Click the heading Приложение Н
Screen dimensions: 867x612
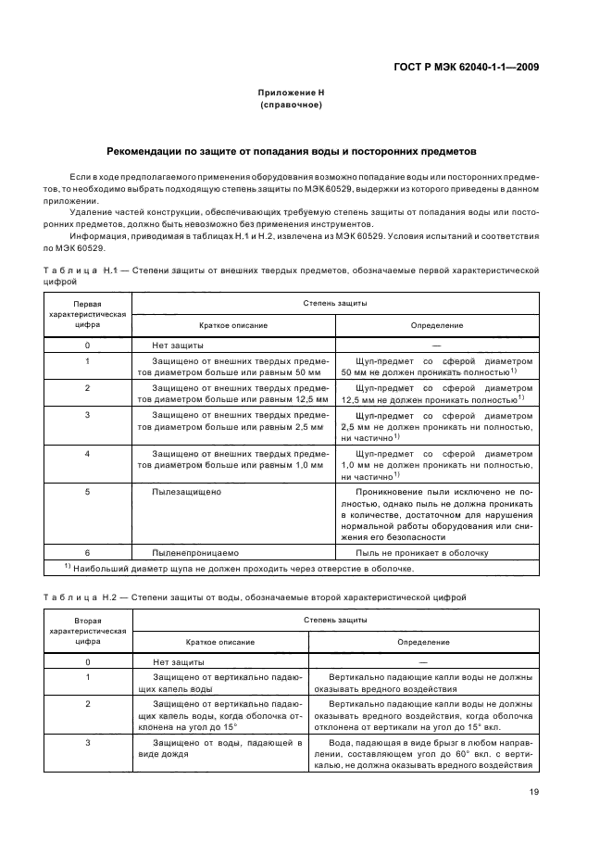[291, 94]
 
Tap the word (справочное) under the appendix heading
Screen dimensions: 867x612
[291, 106]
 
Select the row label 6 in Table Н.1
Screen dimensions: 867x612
[87, 553]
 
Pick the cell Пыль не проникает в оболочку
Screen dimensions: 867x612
[424, 553]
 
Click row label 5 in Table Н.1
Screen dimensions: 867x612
[87, 492]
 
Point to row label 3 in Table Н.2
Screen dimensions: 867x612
[87, 743]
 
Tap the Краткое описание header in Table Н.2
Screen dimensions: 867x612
[220, 642]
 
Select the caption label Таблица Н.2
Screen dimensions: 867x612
[82, 598]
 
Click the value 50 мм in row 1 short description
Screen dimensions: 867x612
[307, 371]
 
